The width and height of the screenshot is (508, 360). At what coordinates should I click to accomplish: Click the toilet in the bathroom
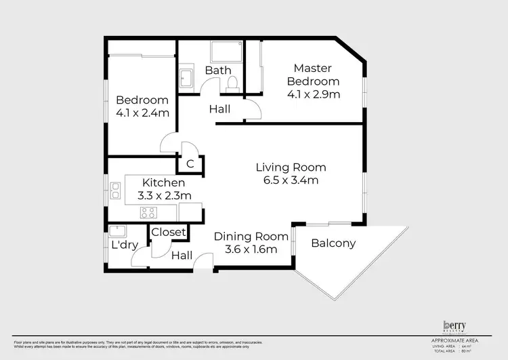232,83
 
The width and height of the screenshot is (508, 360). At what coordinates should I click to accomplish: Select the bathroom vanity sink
186,77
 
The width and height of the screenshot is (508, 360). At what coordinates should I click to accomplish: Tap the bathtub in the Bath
226,52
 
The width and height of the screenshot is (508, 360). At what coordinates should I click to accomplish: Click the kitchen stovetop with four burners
148,212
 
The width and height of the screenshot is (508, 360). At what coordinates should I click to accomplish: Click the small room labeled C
190,163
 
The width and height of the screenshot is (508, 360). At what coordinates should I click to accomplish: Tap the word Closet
168,233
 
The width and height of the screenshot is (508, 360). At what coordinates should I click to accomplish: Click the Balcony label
333,243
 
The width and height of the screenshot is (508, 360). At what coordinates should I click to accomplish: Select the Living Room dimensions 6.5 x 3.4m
291,180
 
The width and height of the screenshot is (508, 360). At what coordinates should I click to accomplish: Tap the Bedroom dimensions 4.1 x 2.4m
142,113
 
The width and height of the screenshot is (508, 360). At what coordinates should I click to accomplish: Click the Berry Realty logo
455,326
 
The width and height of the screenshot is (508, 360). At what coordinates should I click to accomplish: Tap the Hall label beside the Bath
219,108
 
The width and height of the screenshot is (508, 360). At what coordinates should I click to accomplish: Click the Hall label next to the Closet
182,256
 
